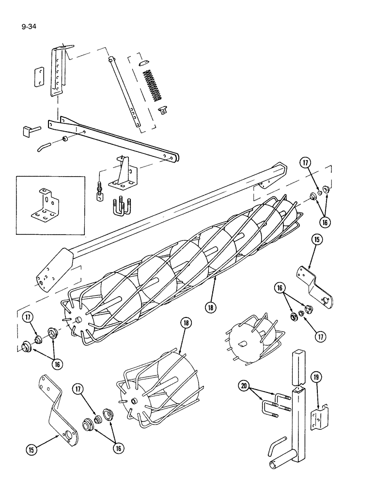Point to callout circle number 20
(245, 386)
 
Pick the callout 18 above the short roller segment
(185, 323)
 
